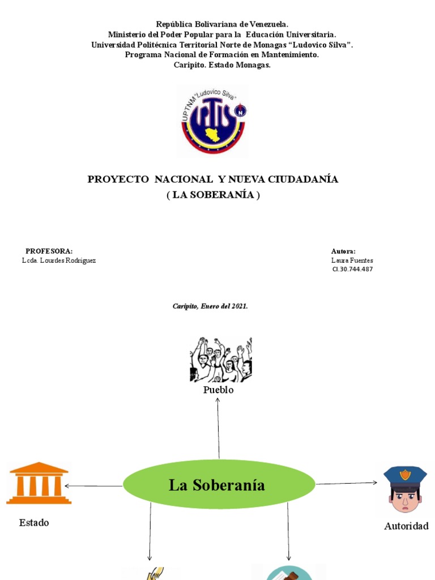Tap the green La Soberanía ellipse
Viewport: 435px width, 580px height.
click(219, 485)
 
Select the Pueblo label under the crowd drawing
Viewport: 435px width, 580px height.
click(219, 390)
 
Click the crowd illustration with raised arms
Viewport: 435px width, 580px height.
click(220, 360)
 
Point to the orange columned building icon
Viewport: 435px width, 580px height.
click(39, 483)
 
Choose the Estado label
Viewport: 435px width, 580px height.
click(34, 523)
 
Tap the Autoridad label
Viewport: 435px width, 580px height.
click(406, 526)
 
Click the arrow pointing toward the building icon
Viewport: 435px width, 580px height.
click(93, 486)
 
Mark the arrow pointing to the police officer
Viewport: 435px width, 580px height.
click(347, 483)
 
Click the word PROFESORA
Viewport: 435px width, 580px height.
click(49, 251)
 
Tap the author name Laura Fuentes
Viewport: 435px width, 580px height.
click(352, 261)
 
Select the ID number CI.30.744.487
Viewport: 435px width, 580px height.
click(352, 269)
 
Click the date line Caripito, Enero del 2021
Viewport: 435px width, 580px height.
click(210, 306)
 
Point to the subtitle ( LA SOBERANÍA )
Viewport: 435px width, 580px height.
click(213, 195)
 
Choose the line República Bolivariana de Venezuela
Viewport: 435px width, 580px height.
click(222, 24)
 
